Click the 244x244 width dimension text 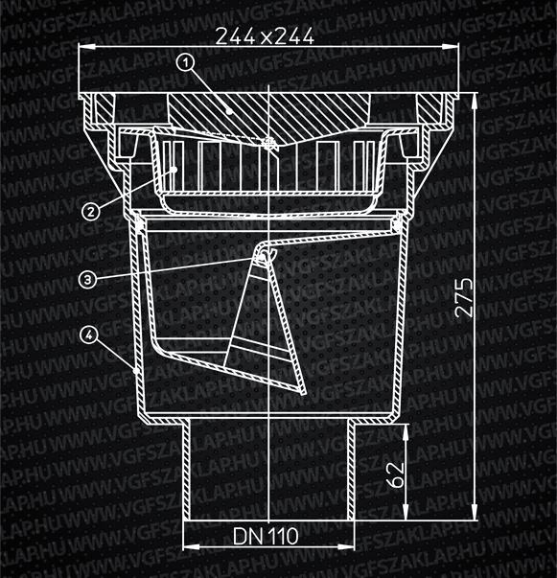tap(265, 36)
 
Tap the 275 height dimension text tap(464, 297)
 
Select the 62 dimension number tap(397, 474)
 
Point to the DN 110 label tap(266, 536)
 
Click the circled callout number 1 tap(186, 62)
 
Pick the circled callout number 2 tap(91, 212)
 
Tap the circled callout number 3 tap(88, 280)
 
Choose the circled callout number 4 tap(89, 335)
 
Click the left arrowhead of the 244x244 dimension tap(87, 46)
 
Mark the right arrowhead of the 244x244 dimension tap(451, 46)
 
